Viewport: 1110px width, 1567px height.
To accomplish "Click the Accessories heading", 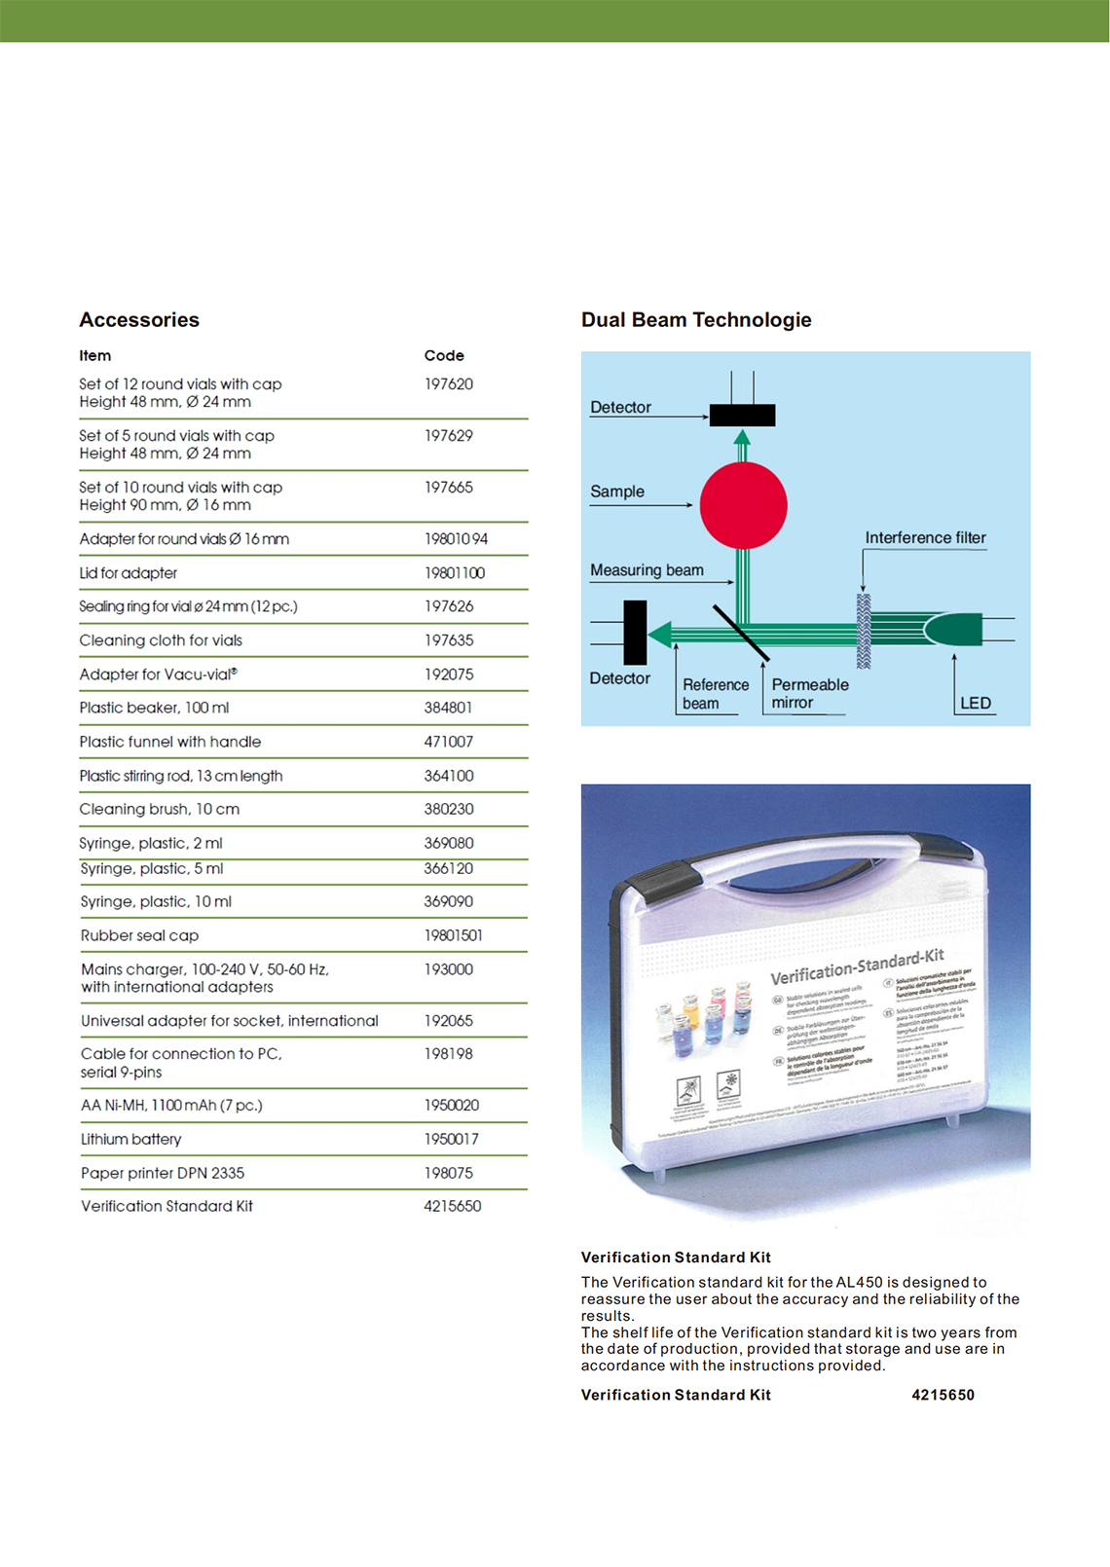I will pyautogui.click(x=139, y=320).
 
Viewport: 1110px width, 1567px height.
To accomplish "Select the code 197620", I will pyautogui.click(x=449, y=384).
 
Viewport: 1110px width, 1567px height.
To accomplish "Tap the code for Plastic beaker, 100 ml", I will pyautogui.click(x=448, y=708).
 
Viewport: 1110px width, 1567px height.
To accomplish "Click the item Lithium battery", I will pyautogui.click(x=131, y=1139).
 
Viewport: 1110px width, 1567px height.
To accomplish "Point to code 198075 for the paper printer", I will pyautogui.click(x=448, y=1173).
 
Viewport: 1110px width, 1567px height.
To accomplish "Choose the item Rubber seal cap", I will pyautogui.click(x=139, y=935).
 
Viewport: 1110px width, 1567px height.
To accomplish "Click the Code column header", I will pyautogui.click(x=444, y=356).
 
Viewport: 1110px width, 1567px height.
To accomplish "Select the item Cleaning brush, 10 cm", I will pyautogui.click(x=160, y=809).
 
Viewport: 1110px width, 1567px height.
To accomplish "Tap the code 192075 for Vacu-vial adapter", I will pyautogui.click(x=449, y=674).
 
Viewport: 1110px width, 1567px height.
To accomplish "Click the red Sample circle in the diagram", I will pyautogui.click(x=743, y=506).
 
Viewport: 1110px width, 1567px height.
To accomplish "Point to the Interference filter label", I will pyautogui.click(x=925, y=538).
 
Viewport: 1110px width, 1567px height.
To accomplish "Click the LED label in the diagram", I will pyautogui.click(x=976, y=703).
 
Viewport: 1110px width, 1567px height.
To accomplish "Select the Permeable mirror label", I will pyautogui.click(x=809, y=693).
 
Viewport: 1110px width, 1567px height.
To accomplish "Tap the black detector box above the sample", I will pyautogui.click(x=742, y=416).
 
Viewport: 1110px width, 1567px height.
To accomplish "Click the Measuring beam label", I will pyautogui.click(x=647, y=570).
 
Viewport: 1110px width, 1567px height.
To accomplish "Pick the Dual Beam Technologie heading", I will pyautogui.click(x=696, y=320).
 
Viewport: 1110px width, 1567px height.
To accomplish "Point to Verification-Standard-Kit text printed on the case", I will pyautogui.click(x=857, y=966).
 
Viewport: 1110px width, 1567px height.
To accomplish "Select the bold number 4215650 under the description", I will pyautogui.click(x=943, y=1395).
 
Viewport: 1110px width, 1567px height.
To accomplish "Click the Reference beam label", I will pyautogui.click(x=715, y=694).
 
